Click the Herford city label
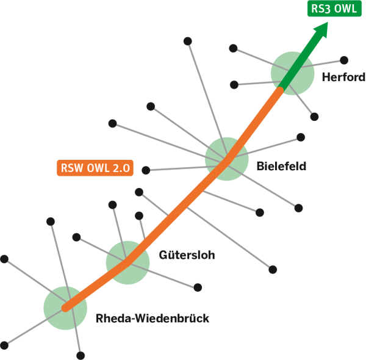click(x=343, y=77)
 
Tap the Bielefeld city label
click(x=281, y=165)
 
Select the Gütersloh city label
click(x=187, y=254)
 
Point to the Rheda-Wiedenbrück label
click(x=152, y=318)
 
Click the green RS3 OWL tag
click(x=332, y=9)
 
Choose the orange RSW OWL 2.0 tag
click(x=95, y=168)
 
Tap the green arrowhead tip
click(x=327, y=25)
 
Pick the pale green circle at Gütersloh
click(x=127, y=262)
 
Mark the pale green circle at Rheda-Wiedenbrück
click(x=65, y=307)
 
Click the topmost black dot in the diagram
click(x=188, y=41)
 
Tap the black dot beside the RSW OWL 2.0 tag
click(x=146, y=170)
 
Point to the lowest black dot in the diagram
click(x=81, y=355)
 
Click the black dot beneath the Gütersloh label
click(x=198, y=287)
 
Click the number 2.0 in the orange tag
click(x=122, y=168)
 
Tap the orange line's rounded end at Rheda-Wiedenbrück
click(x=66, y=308)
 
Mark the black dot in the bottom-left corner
click(x=5, y=345)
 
